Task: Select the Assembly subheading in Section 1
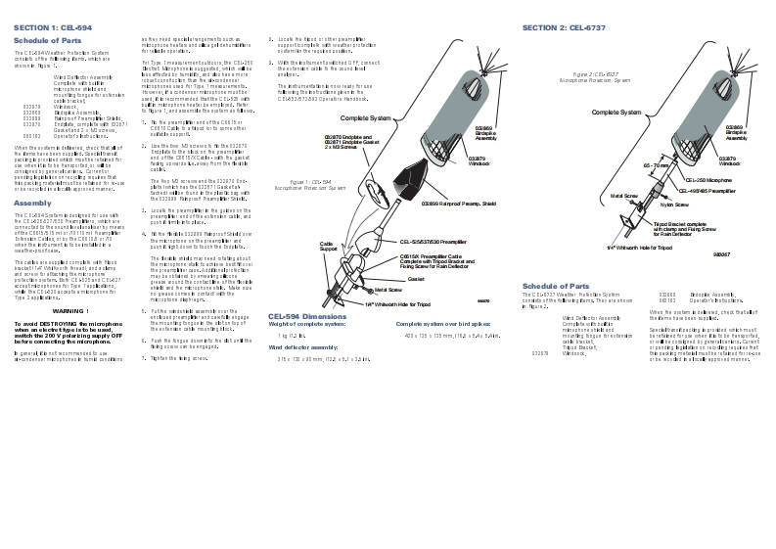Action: pos(32,203)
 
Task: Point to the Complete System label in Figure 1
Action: pos(366,117)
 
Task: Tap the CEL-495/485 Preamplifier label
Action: pos(710,191)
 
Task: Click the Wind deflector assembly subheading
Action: pos(303,347)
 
